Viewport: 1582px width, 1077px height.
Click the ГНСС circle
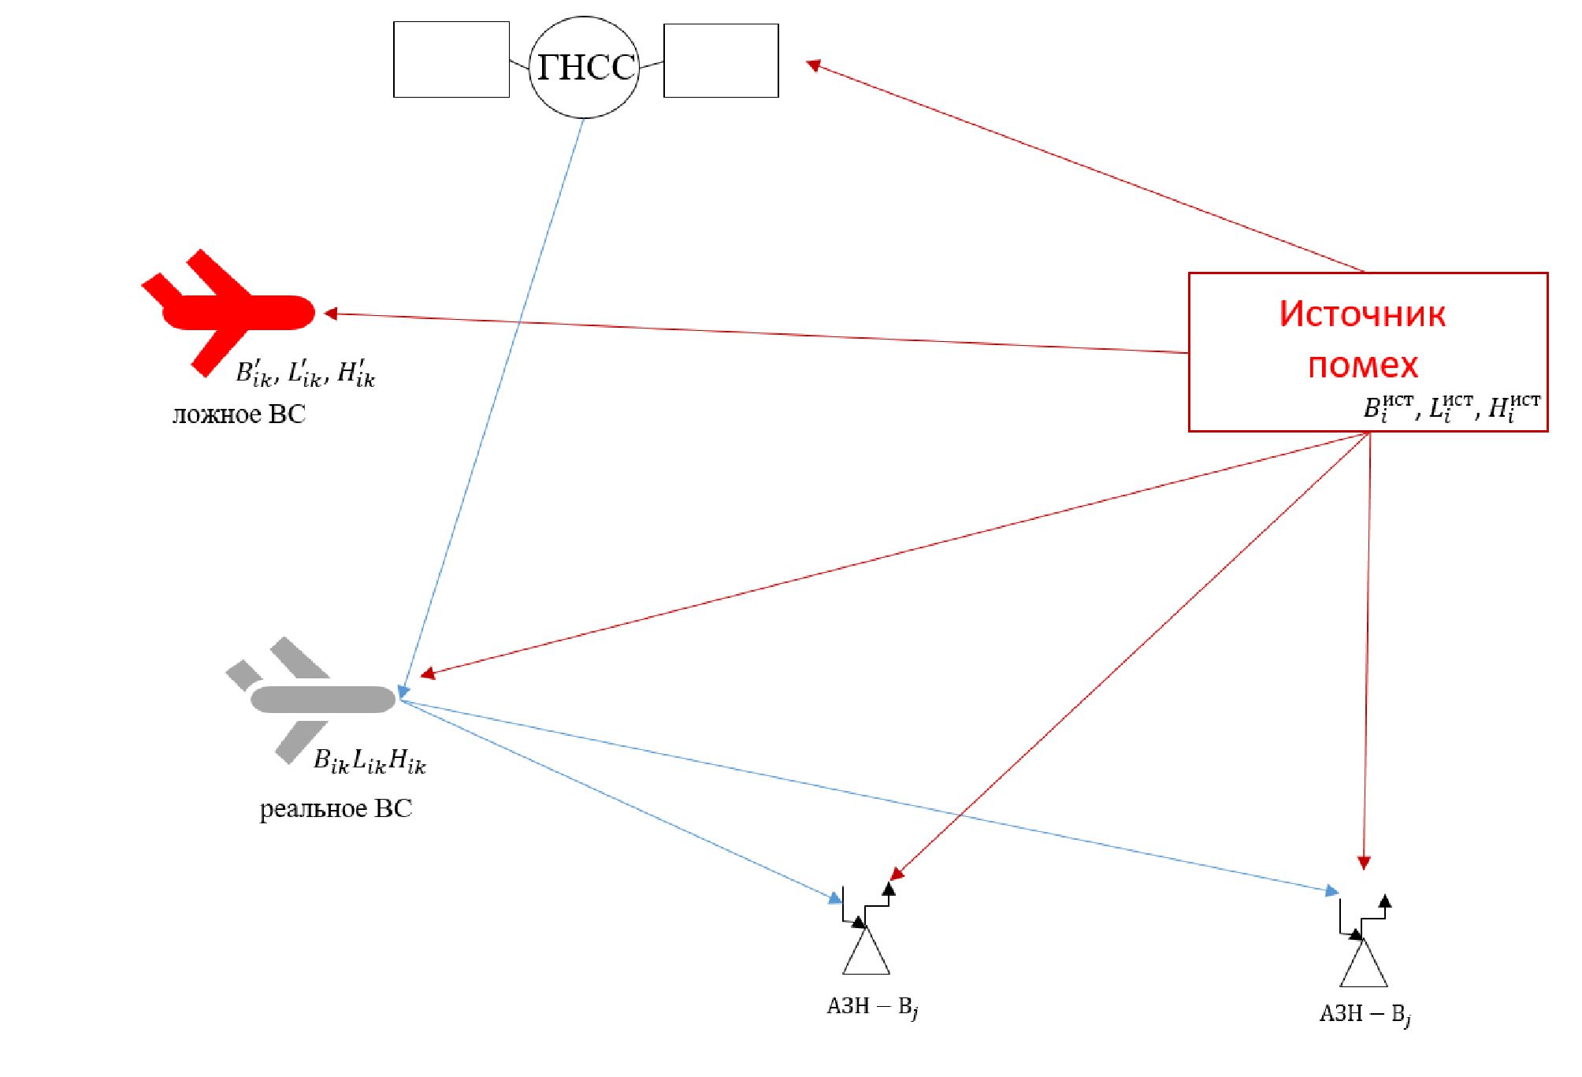[584, 67]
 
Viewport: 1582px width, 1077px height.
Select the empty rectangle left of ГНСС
[451, 60]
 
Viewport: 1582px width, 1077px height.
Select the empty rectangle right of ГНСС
[721, 61]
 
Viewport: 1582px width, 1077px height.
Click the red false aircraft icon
[228, 312]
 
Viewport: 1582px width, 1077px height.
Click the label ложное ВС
[239, 414]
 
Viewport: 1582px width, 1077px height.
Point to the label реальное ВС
[336, 809]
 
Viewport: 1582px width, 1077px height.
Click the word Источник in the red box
[1362, 314]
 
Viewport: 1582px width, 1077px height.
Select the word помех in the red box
[1363, 365]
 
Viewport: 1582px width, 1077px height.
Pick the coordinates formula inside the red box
[1451, 408]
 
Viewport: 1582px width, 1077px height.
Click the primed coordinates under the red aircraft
[306, 373]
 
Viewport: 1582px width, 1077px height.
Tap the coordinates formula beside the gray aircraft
[370, 761]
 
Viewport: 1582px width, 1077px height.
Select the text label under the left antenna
[872, 1007]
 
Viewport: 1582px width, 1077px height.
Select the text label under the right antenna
[1365, 1014]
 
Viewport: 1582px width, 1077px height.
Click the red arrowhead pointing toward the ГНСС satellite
[814, 65]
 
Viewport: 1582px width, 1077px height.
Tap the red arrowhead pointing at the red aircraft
[331, 314]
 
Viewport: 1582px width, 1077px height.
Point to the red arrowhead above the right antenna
[1364, 863]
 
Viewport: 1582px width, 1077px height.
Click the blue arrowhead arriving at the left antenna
[835, 897]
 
